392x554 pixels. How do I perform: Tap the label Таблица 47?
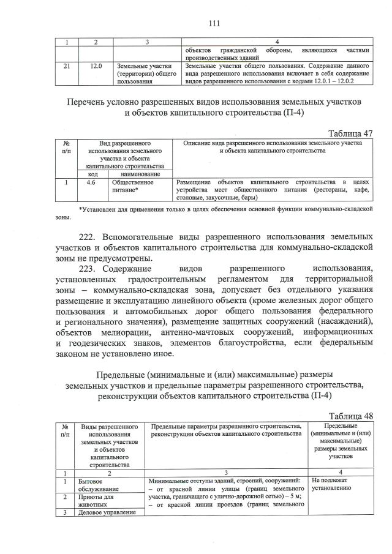point(351,134)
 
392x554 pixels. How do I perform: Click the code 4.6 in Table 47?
point(91,182)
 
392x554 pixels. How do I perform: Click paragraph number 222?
point(89,236)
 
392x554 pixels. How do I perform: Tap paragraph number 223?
point(89,269)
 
